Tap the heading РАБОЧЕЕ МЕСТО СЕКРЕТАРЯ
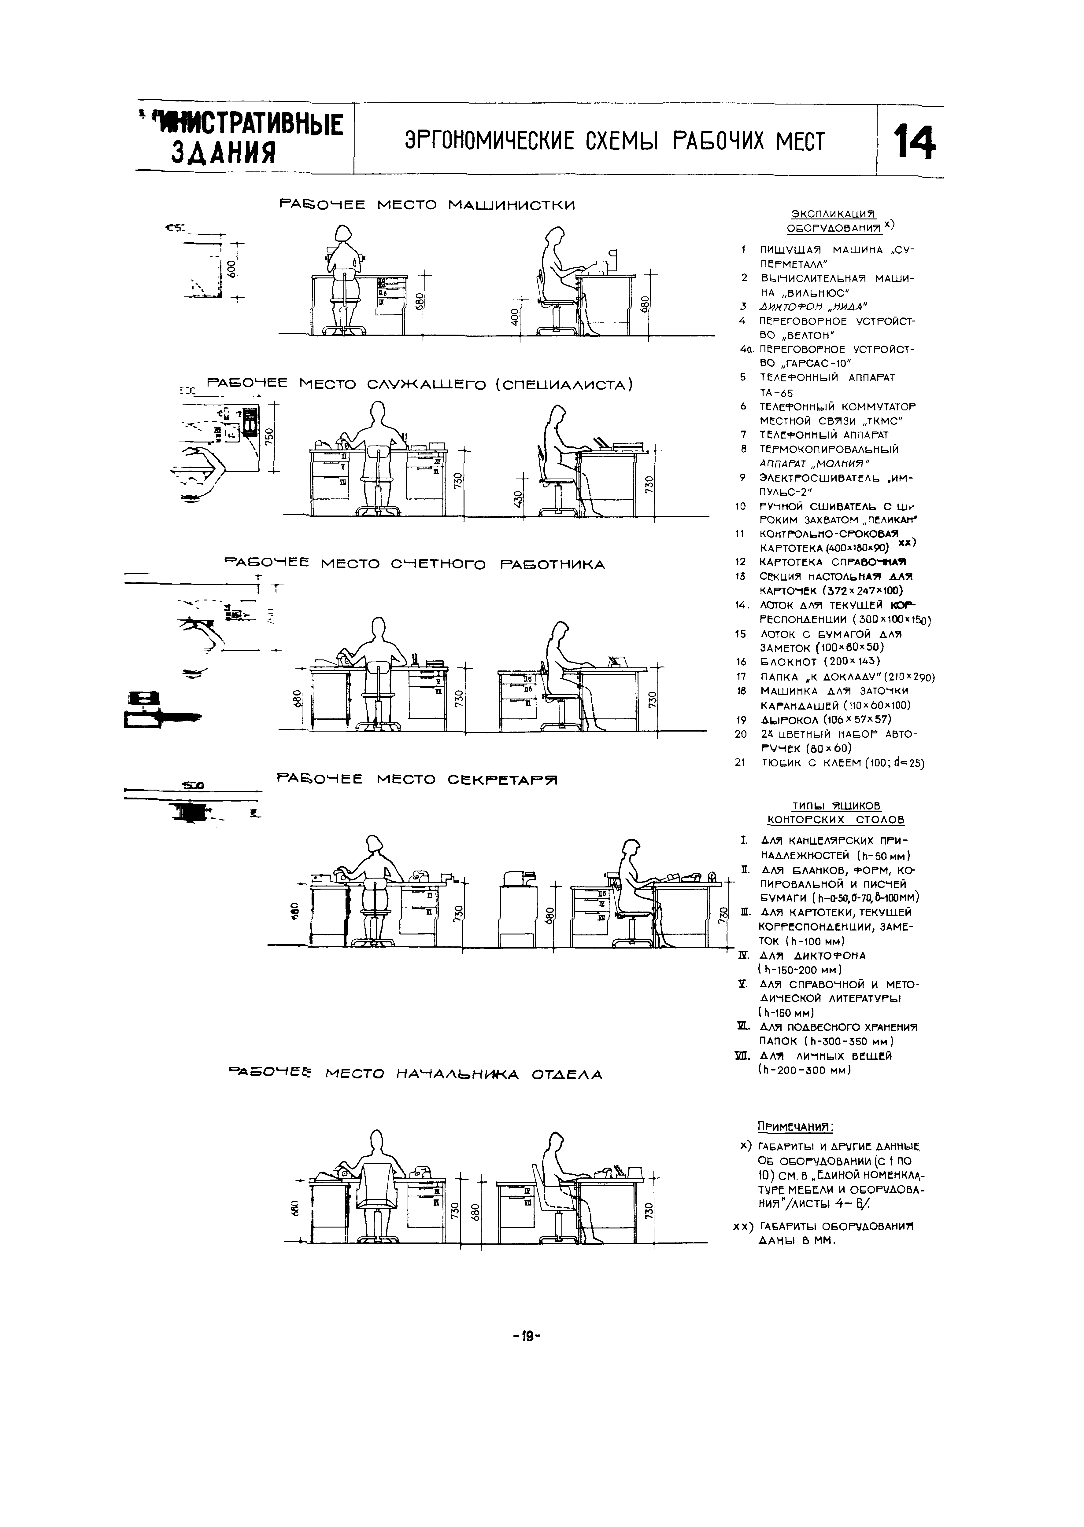416,779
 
